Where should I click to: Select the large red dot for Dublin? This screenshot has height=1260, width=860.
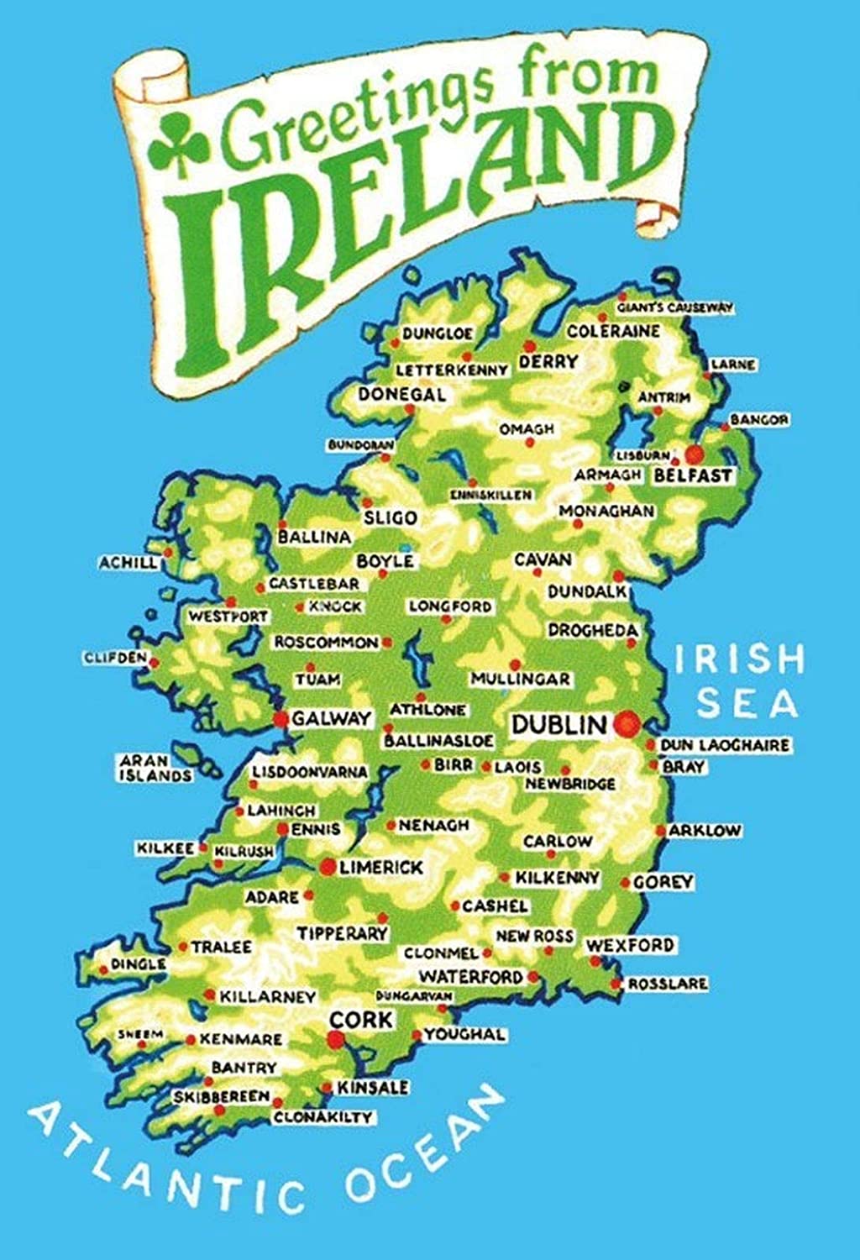[x=626, y=723]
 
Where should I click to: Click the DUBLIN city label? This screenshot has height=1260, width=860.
[x=558, y=724]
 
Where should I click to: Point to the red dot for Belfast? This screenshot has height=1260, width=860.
[x=694, y=454]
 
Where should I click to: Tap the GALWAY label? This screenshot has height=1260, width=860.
[x=332, y=718]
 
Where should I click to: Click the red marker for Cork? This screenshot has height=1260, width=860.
[x=336, y=1040]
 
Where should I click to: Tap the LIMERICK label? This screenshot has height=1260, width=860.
[x=380, y=867]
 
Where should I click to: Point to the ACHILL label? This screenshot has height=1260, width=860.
[x=128, y=563]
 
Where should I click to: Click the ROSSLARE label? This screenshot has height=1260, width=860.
[x=668, y=984]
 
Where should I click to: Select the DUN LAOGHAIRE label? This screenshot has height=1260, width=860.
[x=724, y=745]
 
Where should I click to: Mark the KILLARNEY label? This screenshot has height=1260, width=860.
[x=267, y=997]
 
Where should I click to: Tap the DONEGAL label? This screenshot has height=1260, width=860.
[x=402, y=395]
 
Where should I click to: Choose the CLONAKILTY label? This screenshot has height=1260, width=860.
[x=322, y=1117]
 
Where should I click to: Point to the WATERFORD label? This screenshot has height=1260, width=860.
[x=470, y=977]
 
